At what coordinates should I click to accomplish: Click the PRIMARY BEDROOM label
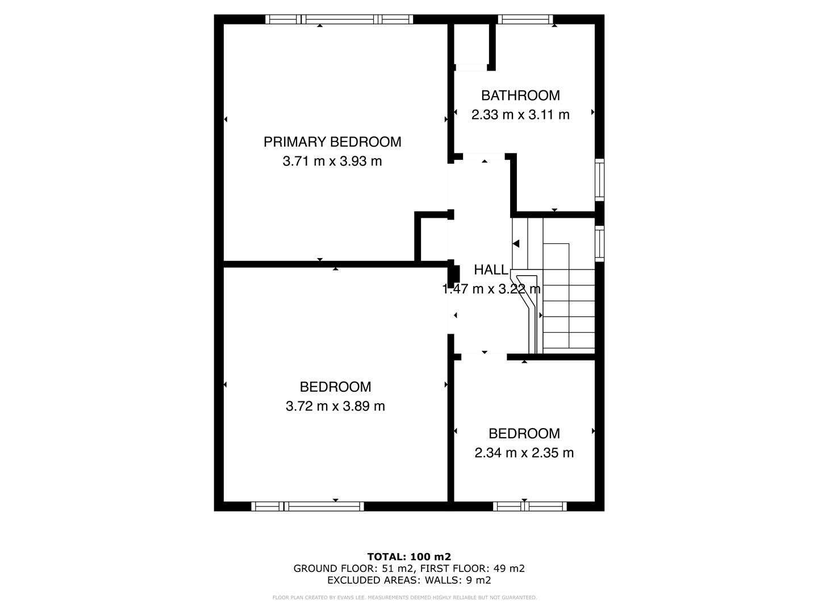(x=332, y=142)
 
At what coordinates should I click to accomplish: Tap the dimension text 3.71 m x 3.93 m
(x=332, y=161)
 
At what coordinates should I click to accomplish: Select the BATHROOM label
(x=520, y=96)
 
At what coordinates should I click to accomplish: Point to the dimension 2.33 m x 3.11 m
(x=520, y=115)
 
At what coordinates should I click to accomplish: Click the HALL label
(x=491, y=269)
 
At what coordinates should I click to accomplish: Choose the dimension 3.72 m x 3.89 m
(x=335, y=406)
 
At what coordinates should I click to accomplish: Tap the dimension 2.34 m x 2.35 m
(x=524, y=453)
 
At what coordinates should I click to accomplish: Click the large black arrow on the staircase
(x=516, y=244)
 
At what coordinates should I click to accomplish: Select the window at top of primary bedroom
(x=340, y=19)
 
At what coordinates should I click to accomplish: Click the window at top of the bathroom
(x=525, y=19)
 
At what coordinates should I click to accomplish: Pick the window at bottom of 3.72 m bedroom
(x=307, y=506)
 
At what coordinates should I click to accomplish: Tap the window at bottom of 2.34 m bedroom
(x=529, y=506)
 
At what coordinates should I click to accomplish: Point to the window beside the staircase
(x=599, y=243)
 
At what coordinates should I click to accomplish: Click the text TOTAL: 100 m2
(x=409, y=557)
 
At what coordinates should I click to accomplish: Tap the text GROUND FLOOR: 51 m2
(x=354, y=569)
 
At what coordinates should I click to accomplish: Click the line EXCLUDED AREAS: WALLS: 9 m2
(x=409, y=580)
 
